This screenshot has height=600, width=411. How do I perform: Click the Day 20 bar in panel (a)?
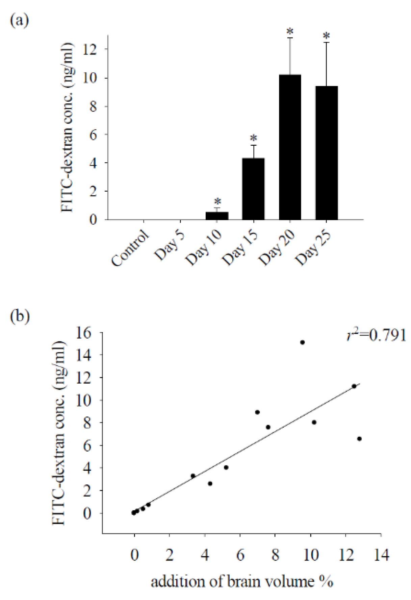[290, 147]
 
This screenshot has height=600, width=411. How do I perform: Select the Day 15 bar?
[253, 189]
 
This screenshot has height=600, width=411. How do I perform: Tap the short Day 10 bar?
[217, 216]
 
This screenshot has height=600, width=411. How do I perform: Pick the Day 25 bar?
[326, 153]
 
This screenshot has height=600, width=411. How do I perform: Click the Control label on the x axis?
[130, 248]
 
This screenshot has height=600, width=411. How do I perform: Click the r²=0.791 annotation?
[376, 336]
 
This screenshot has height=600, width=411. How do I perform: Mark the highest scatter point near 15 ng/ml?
[302, 342]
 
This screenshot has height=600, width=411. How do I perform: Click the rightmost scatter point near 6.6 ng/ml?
[359, 439]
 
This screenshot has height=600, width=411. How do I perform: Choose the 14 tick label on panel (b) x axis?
[381, 555]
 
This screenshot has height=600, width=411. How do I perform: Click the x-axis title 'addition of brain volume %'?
[242, 582]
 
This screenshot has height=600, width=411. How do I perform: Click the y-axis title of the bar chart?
[68, 127]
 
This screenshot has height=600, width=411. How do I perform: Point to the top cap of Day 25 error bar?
[326, 43]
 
